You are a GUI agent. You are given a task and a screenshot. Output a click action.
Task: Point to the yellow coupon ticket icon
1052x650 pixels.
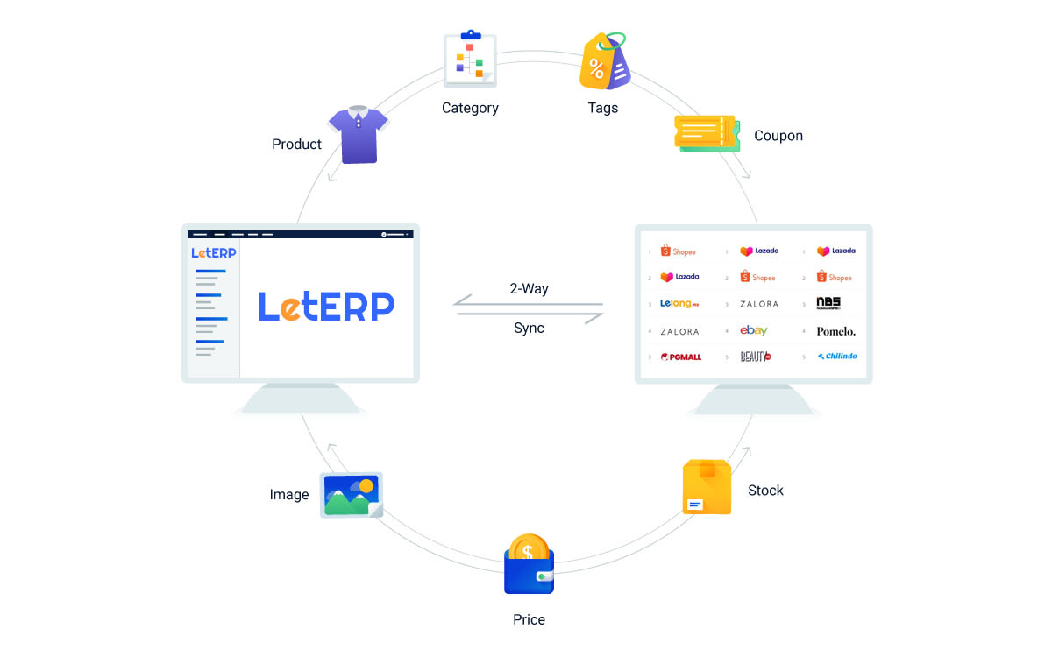coord(705,133)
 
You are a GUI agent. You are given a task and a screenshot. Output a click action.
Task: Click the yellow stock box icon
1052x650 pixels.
coord(707,487)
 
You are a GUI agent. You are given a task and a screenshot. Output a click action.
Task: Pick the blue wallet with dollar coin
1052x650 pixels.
coord(529,565)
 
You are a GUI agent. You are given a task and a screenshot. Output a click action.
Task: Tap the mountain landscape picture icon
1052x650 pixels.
coord(351,495)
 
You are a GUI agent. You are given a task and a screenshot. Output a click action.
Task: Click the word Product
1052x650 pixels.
coord(296,145)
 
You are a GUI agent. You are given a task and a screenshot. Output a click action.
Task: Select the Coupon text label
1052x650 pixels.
coord(778,136)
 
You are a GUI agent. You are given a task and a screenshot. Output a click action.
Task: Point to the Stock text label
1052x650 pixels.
coord(765,491)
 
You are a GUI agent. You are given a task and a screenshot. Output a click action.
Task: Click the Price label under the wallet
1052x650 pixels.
coord(529,620)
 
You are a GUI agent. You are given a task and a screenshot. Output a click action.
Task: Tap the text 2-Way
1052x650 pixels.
coord(529,288)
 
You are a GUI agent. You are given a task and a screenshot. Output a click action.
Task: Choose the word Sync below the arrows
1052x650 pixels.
coord(529,329)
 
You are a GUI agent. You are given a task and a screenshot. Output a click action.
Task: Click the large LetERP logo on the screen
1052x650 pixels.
coord(326,306)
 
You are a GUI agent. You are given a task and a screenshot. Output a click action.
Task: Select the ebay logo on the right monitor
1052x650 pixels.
coord(754,330)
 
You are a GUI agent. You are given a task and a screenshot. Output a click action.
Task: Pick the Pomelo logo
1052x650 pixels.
coord(835,331)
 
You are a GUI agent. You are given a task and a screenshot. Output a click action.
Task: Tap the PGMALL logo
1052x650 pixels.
coord(681,357)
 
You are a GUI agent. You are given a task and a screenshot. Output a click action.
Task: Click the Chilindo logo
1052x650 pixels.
coord(836,357)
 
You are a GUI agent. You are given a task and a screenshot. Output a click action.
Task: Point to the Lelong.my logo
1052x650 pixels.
coord(679,304)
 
